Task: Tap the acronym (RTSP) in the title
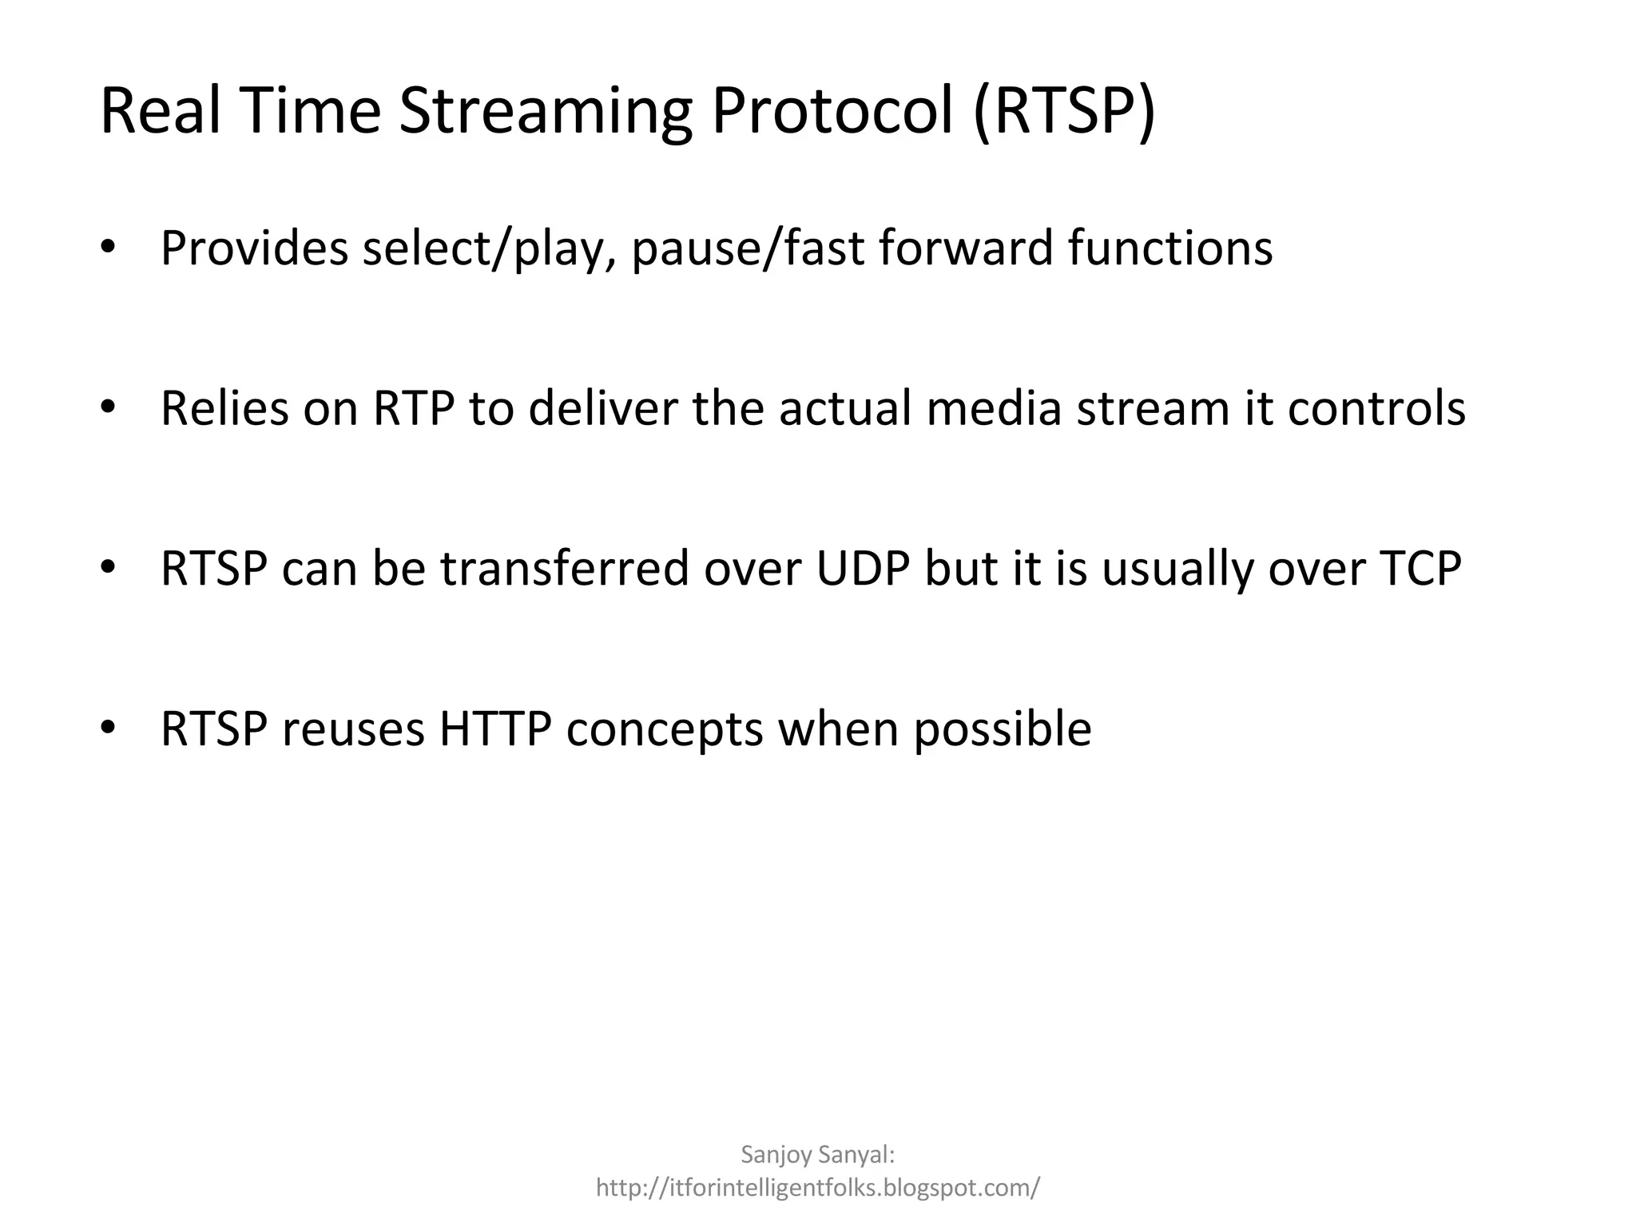1064,112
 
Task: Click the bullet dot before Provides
109,247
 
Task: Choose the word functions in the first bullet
1169,247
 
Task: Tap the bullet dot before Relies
109,407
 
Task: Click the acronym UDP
863,569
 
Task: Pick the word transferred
564,569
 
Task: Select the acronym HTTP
495,729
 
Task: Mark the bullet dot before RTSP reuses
109,728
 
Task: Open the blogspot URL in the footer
818,1187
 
